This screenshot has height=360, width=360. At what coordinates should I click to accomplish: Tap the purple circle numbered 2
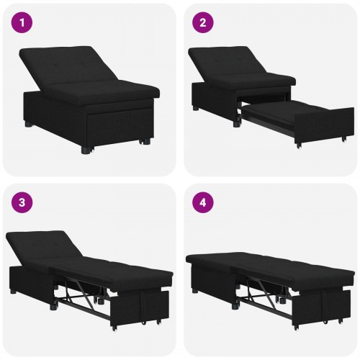point(202,22)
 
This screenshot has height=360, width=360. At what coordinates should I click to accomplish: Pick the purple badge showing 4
point(202,202)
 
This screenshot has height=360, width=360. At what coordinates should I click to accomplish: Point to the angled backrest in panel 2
point(245,65)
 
